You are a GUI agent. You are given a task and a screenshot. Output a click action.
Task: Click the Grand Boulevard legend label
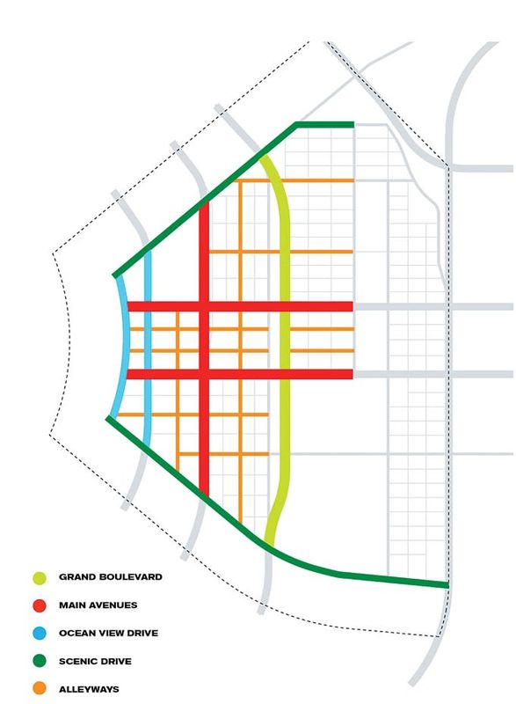(111, 578)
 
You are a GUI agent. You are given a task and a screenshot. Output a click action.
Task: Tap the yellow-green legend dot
(40, 578)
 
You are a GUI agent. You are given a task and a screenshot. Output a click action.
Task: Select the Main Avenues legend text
(98, 605)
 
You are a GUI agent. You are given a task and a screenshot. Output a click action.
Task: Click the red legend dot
(40, 605)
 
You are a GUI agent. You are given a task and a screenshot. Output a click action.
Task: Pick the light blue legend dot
(40, 634)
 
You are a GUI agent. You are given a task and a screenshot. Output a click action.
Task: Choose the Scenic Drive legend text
(95, 661)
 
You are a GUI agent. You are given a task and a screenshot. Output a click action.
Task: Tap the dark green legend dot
(40, 661)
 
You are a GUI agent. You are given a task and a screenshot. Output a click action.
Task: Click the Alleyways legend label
(89, 689)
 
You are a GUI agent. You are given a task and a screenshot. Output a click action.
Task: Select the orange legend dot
(40, 689)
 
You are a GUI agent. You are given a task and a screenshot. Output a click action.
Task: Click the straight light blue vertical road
(148, 352)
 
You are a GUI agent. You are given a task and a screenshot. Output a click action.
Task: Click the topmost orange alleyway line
(308, 180)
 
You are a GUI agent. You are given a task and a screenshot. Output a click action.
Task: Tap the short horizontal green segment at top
(325, 125)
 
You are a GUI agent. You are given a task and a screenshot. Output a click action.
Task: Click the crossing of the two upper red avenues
(204, 307)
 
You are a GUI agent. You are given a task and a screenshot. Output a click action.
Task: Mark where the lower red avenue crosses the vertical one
(204, 375)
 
